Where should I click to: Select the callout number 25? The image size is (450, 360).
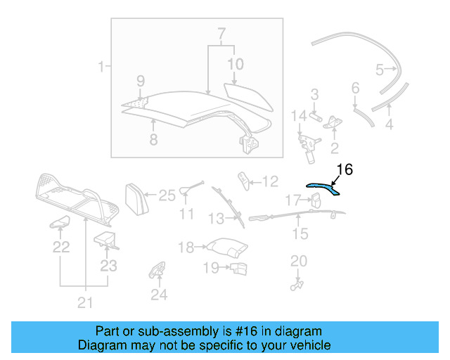167,195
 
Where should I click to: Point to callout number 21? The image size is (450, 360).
84,303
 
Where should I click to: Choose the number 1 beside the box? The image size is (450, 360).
101,67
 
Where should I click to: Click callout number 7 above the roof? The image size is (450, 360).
221,34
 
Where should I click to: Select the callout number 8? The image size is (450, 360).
153,139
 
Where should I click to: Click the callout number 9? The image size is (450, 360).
140,80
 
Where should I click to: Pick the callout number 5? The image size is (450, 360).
380,70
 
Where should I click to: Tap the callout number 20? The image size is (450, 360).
299,261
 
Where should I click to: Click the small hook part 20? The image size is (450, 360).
297,283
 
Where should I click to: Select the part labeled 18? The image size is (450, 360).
226,248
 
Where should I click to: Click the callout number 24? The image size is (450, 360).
160,295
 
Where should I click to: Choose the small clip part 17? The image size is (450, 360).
316,201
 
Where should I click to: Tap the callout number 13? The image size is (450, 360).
216,219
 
